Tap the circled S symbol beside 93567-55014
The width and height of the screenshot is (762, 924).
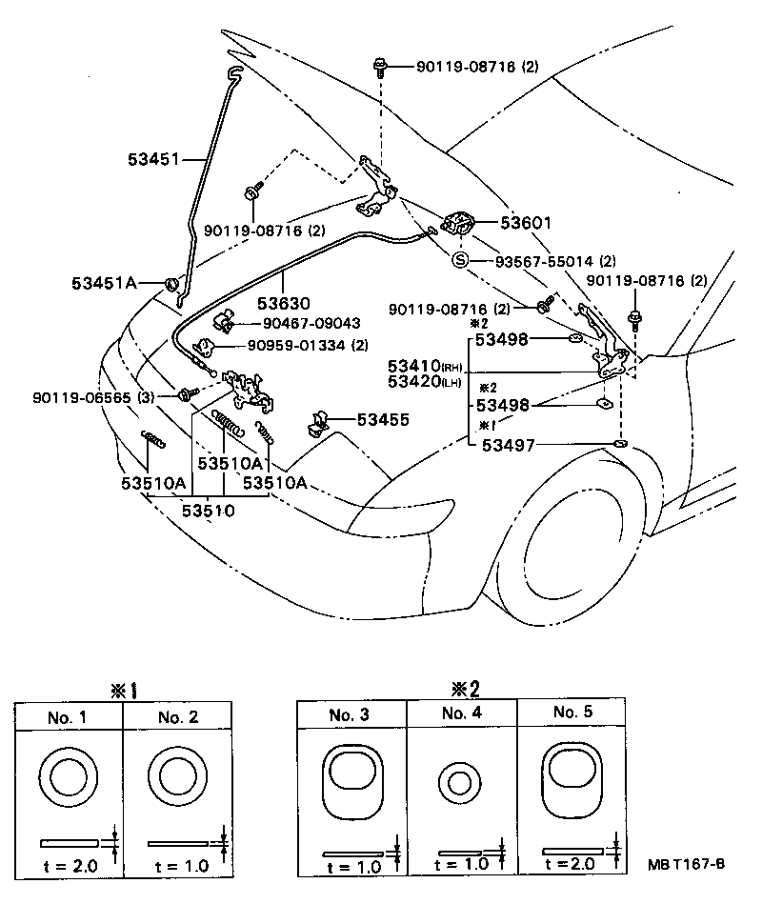460,260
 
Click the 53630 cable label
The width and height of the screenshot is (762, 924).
283,304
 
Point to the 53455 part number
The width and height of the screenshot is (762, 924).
383,419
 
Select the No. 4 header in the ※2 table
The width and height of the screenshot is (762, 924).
461,713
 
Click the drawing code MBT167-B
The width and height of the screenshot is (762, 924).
687,864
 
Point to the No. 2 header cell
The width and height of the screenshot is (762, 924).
178,717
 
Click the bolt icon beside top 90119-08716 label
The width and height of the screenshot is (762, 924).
380,67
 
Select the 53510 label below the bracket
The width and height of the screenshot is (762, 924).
209,512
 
